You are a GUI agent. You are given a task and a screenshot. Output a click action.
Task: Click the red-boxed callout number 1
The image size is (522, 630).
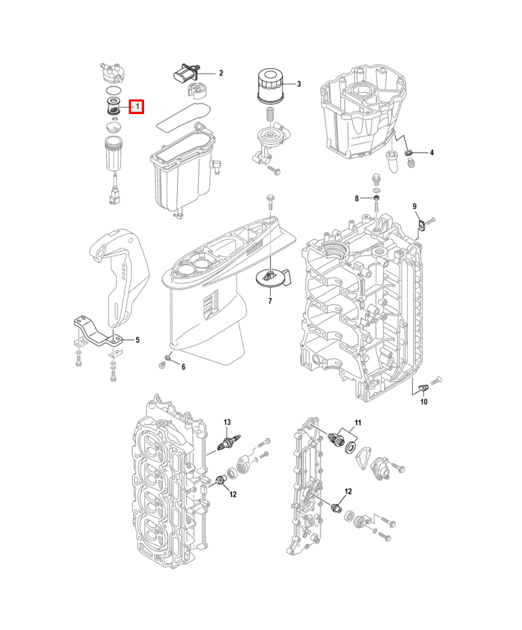tap(136, 107)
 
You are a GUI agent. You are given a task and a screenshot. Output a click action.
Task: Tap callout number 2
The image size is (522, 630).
tap(221, 73)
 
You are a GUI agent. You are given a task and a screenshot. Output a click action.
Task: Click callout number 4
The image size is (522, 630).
tap(432, 153)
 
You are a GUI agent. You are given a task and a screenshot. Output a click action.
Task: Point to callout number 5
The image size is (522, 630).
tap(137, 340)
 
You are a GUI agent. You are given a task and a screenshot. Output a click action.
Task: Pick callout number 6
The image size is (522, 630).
tap(183, 367)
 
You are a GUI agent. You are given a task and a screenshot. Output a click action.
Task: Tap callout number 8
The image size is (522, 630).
tap(357, 199)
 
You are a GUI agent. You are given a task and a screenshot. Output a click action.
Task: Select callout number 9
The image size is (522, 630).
tap(415, 206)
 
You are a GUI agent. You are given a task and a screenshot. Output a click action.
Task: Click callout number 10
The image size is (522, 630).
tap(424, 402)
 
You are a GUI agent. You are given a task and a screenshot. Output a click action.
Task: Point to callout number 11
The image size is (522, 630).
tap(358, 423)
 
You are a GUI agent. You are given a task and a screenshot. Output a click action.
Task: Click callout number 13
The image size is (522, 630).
tap(227, 422)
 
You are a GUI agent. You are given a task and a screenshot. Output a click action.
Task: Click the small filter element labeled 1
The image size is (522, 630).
tap(113, 106)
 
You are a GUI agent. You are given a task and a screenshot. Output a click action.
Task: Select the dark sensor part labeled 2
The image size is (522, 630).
tap(184, 73)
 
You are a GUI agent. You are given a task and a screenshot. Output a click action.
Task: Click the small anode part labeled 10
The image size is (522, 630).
tap(424, 388)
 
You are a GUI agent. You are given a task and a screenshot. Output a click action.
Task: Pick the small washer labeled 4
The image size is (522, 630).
tap(408, 153)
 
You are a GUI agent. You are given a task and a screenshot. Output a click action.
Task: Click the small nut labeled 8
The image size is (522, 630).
tap(376, 199)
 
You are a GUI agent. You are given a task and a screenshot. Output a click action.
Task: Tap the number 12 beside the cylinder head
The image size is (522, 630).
tap(233, 495)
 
